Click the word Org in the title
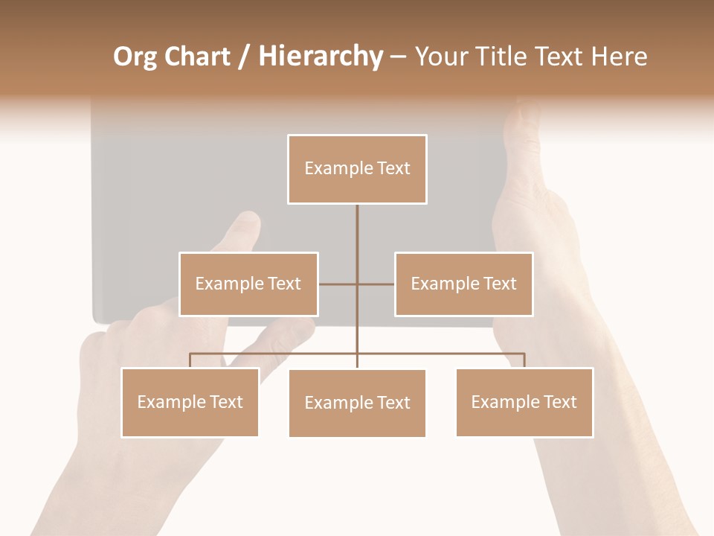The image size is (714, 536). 135,57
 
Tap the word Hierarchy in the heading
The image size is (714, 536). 321,57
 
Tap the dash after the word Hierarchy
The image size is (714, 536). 398,57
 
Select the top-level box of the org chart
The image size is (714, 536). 357,169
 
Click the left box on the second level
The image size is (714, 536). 248,284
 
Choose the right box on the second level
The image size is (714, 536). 463,284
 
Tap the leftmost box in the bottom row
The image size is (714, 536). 190,402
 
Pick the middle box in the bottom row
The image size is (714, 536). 357,403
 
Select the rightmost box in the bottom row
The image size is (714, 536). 524,402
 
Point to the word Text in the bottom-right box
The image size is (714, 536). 559,402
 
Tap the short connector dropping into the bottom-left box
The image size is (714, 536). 190,360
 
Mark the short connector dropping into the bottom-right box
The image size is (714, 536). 524,360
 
